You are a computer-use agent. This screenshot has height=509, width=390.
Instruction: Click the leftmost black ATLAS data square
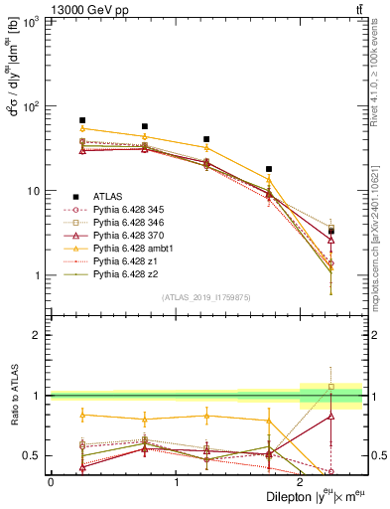(82, 120)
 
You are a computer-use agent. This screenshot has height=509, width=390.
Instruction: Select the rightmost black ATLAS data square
(330, 232)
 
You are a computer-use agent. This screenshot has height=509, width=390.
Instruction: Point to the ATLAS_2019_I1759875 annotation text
(206, 296)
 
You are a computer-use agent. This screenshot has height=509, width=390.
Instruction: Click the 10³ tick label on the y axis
(32, 22)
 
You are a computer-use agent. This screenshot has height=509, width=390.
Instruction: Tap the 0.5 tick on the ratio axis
(32, 455)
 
